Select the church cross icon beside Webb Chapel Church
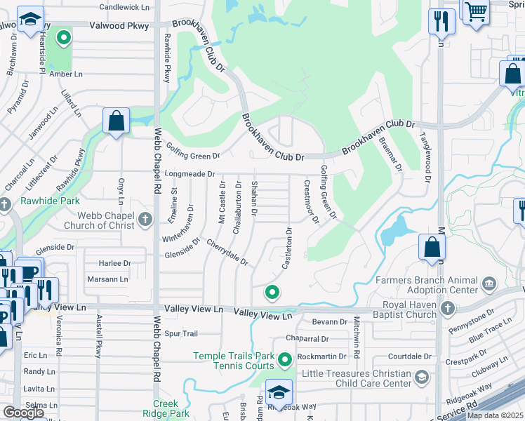click(145, 220)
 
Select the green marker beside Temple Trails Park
click(284, 361)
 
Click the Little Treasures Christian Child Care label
click(358, 379)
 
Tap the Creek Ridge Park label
click(171, 408)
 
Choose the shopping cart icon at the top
click(476, 11)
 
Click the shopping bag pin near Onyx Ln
click(116, 121)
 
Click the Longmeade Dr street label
click(189, 173)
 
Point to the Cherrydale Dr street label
click(227, 253)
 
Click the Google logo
click(24, 413)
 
